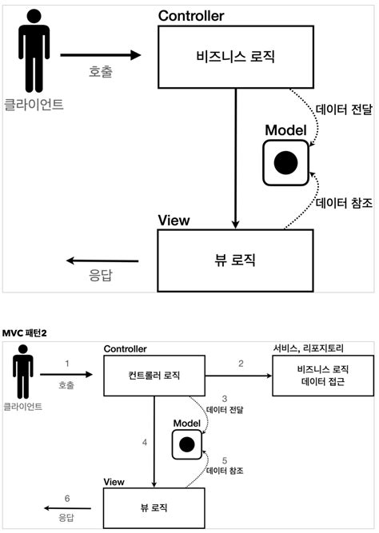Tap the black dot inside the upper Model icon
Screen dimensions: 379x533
point(285,163)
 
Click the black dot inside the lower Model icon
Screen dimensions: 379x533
point(187,444)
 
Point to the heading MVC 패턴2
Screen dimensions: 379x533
point(24,333)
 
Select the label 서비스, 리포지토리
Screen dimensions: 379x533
point(309,348)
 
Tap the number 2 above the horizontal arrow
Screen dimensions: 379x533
point(241,364)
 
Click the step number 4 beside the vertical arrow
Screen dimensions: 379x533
point(145,442)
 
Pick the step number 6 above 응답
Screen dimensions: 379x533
point(67,499)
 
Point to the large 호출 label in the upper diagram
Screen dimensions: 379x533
point(101,72)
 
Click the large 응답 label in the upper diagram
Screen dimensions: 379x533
point(101,275)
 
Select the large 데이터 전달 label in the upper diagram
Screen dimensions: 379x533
point(344,109)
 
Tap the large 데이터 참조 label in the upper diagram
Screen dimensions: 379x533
point(344,203)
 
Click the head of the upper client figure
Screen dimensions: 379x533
point(34,16)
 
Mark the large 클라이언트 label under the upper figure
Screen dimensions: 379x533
point(34,104)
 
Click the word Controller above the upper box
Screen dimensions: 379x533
point(191,16)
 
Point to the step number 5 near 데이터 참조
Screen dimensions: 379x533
point(225,460)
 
